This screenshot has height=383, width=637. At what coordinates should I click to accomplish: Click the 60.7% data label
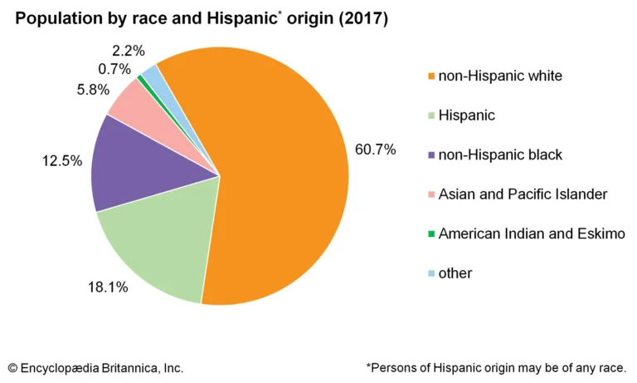coord(375,150)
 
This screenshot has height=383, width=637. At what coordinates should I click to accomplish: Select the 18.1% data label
coord(108,287)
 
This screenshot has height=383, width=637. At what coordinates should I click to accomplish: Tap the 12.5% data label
coord(61,160)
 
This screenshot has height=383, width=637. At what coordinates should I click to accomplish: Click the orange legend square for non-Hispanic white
coord(430,76)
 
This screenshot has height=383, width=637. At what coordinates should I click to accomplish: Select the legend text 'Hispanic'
coord(467,115)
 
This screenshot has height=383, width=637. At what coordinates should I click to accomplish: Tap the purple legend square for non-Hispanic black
coord(430,155)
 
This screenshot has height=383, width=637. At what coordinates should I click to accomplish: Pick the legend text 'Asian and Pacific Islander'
coord(523,194)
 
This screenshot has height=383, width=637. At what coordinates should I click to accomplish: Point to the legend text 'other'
coord(455,272)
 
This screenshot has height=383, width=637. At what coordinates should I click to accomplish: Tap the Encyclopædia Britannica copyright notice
coord(95,366)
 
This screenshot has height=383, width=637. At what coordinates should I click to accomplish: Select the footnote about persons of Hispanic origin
coord(496,366)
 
